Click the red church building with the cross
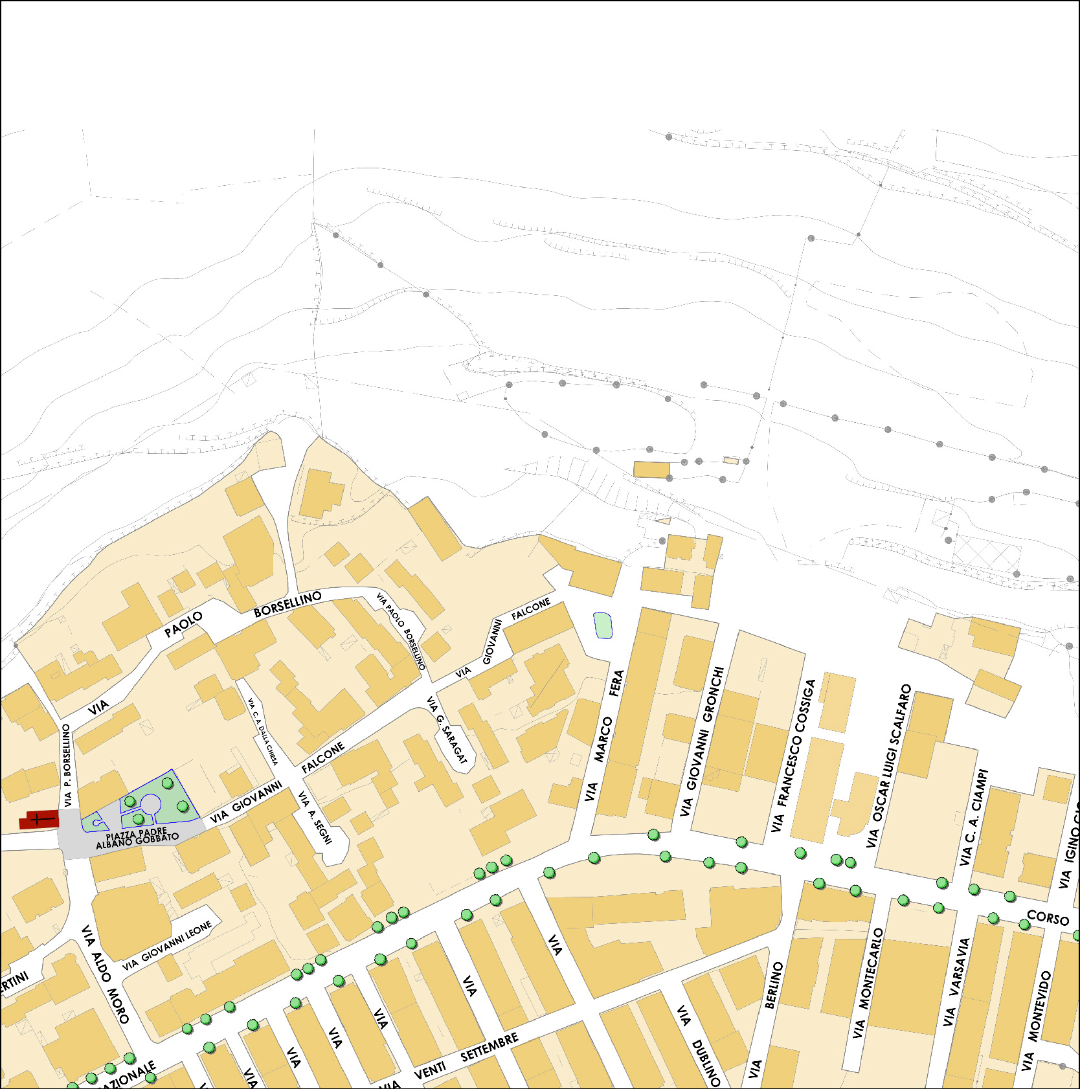click(x=39, y=819)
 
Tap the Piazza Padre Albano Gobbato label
click(x=137, y=836)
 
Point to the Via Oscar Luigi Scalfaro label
click(x=888, y=766)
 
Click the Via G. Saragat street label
click(x=447, y=730)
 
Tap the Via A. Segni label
click(x=315, y=817)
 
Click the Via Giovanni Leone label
click(x=168, y=946)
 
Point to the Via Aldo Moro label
click(x=106, y=974)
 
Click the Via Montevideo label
click(x=1037, y=1020)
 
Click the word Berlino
click(x=774, y=985)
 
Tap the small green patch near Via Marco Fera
click(x=603, y=625)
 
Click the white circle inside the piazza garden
click(x=150, y=804)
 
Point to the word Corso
click(x=1048, y=917)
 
